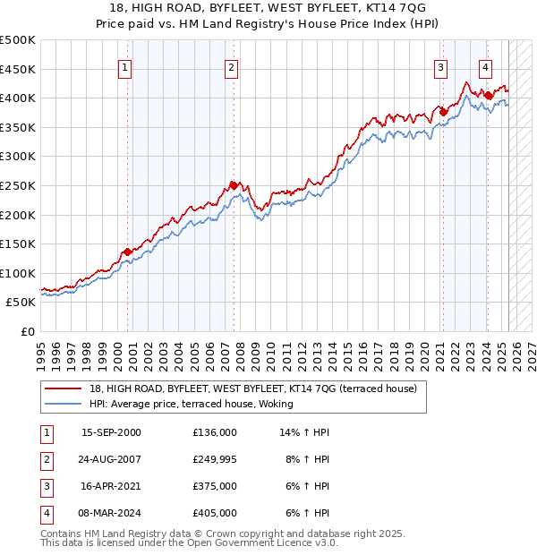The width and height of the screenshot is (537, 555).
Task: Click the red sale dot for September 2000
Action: click(x=128, y=252)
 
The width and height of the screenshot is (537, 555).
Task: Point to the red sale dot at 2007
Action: click(x=234, y=185)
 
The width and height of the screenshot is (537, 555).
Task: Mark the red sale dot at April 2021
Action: click(x=443, y=112)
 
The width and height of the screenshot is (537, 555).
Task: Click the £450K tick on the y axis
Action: click(x=18, y=69)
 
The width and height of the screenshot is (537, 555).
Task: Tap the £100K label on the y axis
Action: click(x=18, y=273)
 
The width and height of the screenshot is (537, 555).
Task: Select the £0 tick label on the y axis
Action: click(x=29, y=331)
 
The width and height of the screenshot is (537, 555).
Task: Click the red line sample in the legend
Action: click(x=63, y=388)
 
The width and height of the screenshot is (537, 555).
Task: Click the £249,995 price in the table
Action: click(x=215, y=459)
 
